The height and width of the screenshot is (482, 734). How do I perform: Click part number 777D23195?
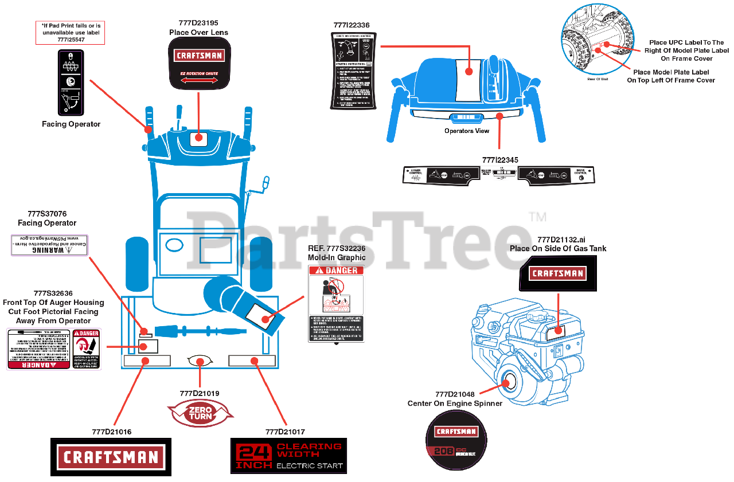(198, 23)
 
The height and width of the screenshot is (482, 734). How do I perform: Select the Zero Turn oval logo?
(200, 413)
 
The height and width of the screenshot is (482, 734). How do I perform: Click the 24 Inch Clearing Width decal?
(289, 456)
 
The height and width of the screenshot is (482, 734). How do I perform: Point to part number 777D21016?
(111, 432)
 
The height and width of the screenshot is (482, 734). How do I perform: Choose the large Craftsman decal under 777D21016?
(111, 457)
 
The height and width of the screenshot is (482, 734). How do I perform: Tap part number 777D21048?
(455, 394)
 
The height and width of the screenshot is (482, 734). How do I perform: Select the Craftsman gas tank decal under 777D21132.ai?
(557, 273)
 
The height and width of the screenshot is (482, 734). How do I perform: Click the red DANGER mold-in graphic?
(335, 304)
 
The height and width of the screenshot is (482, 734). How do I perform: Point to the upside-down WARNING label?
(49, 245)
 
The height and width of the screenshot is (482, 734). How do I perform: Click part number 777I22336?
(352, 25)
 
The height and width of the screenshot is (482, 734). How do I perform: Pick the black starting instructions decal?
(352, 70)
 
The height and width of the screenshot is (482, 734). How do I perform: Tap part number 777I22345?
(500, 160)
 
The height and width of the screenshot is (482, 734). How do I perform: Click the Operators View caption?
(467, 131)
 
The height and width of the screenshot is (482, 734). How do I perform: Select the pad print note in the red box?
(71, 33)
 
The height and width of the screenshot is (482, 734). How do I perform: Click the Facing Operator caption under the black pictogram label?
(71, 124)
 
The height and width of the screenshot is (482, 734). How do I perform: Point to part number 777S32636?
(53, 293)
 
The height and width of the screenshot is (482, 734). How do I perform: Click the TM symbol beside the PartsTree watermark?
(537, 217)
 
